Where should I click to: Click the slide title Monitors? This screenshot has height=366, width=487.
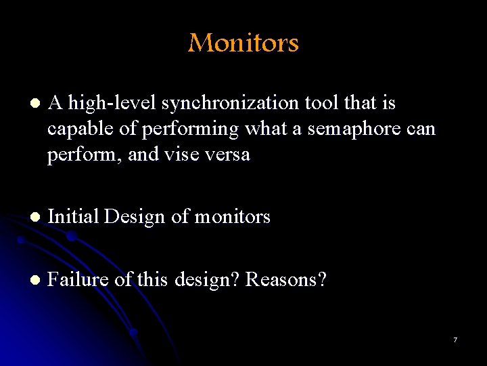(243, 43)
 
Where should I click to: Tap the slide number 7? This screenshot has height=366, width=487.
(455, 340)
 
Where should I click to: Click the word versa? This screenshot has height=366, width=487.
(229, 154)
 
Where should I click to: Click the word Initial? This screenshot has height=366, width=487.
(73, 217)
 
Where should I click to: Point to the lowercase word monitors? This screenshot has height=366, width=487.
(232, 217)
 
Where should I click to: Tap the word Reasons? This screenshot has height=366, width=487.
(285, 279)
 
